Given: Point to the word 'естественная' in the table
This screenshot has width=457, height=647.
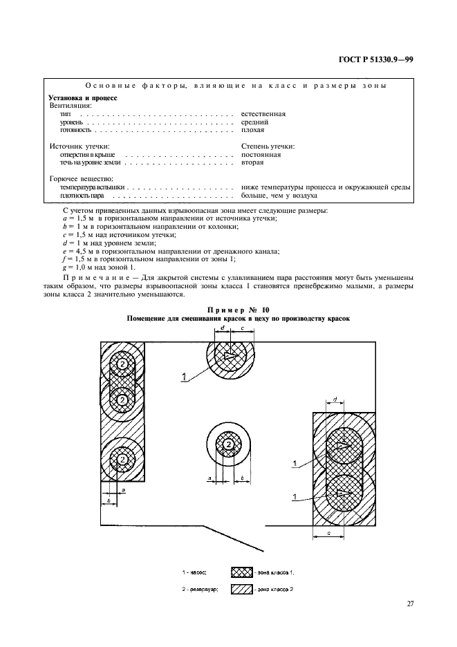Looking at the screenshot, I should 263,113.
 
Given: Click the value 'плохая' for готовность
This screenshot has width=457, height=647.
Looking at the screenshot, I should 252,129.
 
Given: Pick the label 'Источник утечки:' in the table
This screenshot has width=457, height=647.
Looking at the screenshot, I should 77,146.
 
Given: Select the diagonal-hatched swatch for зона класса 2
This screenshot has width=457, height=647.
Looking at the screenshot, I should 241,589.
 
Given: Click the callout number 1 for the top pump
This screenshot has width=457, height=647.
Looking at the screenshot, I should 184,376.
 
